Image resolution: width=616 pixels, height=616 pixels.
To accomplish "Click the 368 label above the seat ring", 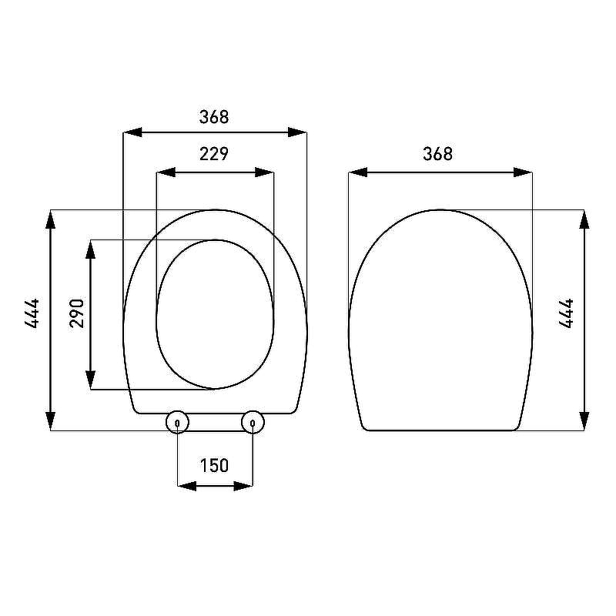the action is point(214,117).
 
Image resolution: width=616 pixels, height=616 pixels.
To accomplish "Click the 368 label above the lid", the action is point(437,153).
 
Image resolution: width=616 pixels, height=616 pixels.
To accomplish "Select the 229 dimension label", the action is point(214,153).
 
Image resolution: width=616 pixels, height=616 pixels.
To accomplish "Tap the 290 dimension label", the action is point(76,313).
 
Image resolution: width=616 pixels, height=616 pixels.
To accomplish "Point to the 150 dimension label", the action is point(214,466).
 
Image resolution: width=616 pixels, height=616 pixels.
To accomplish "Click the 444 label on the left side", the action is point(32,313).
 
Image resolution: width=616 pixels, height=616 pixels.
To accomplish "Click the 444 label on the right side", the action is point(566,313).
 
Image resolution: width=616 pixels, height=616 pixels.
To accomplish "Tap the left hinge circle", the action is point(177,422).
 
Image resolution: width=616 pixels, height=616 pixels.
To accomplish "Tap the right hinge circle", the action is point(253,422).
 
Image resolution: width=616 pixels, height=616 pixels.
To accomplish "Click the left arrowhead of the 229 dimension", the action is point(166,172).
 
